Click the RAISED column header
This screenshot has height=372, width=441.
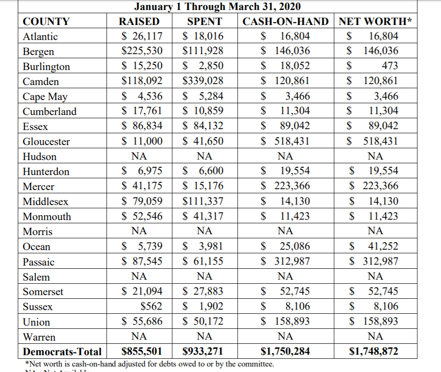point(139,21)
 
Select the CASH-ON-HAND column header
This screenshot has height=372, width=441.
point(285,21)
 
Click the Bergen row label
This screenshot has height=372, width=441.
point(38,51)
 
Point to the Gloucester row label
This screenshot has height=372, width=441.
point(46,141)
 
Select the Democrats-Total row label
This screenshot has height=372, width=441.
point(62,352)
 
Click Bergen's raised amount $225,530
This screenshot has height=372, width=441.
point(142,51)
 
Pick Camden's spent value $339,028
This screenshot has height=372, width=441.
point(203,81)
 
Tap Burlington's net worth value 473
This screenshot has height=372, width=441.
point(390,66)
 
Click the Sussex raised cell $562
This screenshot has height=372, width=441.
point(151,307)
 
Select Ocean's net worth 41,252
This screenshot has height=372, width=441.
point(383,246)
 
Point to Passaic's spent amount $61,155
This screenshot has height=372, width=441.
point(203,261)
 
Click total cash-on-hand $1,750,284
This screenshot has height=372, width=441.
point(285,352)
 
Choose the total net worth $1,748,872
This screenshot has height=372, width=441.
point(373,352)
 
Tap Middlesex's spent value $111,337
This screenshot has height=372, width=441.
point(203,201)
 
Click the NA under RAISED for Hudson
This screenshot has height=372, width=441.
point(139,156)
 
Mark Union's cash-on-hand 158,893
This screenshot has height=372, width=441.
point(291,322)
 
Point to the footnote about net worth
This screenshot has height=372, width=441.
point(148,364)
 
